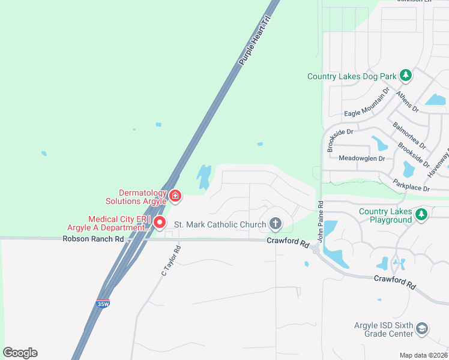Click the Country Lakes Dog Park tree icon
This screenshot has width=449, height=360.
[x=406, y=76]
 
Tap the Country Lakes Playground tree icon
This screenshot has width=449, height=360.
[x=422, y=214]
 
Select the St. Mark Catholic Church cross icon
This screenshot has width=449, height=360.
[x=276, y=224]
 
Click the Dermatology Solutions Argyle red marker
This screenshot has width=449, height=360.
[x=175, y=195]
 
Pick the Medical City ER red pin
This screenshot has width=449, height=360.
[x=160, y=223]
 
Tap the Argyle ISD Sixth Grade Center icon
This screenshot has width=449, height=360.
[x=422, y=328]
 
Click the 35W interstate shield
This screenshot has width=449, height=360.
[x=103, y=304]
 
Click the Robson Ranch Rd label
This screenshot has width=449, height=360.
[x=93, y=239]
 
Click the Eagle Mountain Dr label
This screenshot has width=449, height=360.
[x=367, y=107]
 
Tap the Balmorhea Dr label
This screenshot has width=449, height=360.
[x=408, y=136]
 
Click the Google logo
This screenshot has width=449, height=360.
[x=20, y=352]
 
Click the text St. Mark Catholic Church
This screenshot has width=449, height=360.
[x=220, y=225]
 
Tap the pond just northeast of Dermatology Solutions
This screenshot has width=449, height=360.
[x=203, y=175]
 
